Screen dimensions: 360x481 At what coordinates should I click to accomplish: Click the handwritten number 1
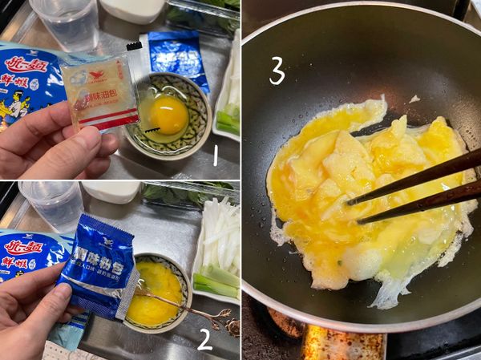point(215,154)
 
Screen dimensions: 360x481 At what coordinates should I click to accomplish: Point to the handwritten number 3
point(277,71)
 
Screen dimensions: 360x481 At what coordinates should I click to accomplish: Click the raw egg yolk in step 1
point(168,115)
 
